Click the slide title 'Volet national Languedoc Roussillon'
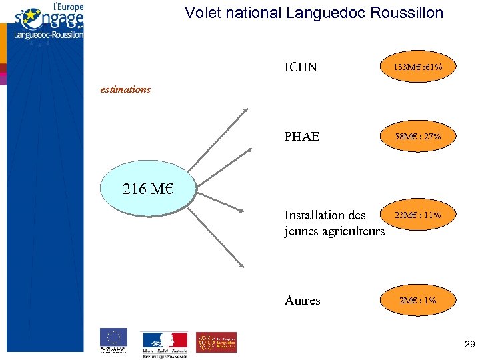pyautogui.click(x=313, y=13)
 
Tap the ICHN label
pyautogui.click(x=301, y=67)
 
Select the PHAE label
pyautogui.click(x=301, y=137)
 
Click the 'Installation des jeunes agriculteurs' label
pyautogui.click(x=334, y=223)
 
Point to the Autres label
pyautogui.click(x=302, y=301)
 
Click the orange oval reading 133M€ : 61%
pyautogui.click(x=418, y=67)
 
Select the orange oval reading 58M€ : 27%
pyautogui.click(x=418, y=137)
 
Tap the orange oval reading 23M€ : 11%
pyautogui.click(x=418, y=215)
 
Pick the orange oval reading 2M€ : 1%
pyautogui.click(x=418, y=301)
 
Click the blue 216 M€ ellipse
pyautogui.click(x=148, y=189)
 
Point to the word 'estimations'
pyautogui.click(x=125, y=89)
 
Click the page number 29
pyautogui.click(x=469, y=345)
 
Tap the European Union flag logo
pyautogui.click(x=113, y=340)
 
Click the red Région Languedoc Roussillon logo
pyautogui.click(x=216, y=342)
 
